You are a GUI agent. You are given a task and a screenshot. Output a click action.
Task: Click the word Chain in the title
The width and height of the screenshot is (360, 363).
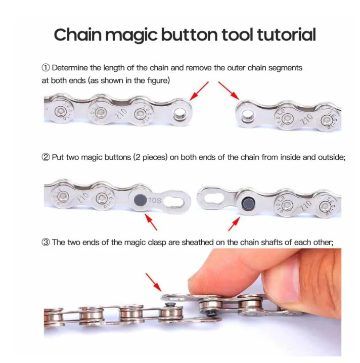pos(77,35)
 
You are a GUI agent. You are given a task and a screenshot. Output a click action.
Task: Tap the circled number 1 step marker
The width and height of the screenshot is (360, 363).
pos(46,67)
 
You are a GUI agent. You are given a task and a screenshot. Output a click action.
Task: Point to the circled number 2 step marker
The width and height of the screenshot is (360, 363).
pos(46,158)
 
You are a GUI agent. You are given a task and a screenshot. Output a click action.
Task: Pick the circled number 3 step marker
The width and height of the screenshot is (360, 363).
pos(46,242)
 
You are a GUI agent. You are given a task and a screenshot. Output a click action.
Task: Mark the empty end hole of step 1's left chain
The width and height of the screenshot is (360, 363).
pos(179,115)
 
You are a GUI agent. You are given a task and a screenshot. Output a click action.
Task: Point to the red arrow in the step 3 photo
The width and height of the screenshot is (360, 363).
pos(153,281)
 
